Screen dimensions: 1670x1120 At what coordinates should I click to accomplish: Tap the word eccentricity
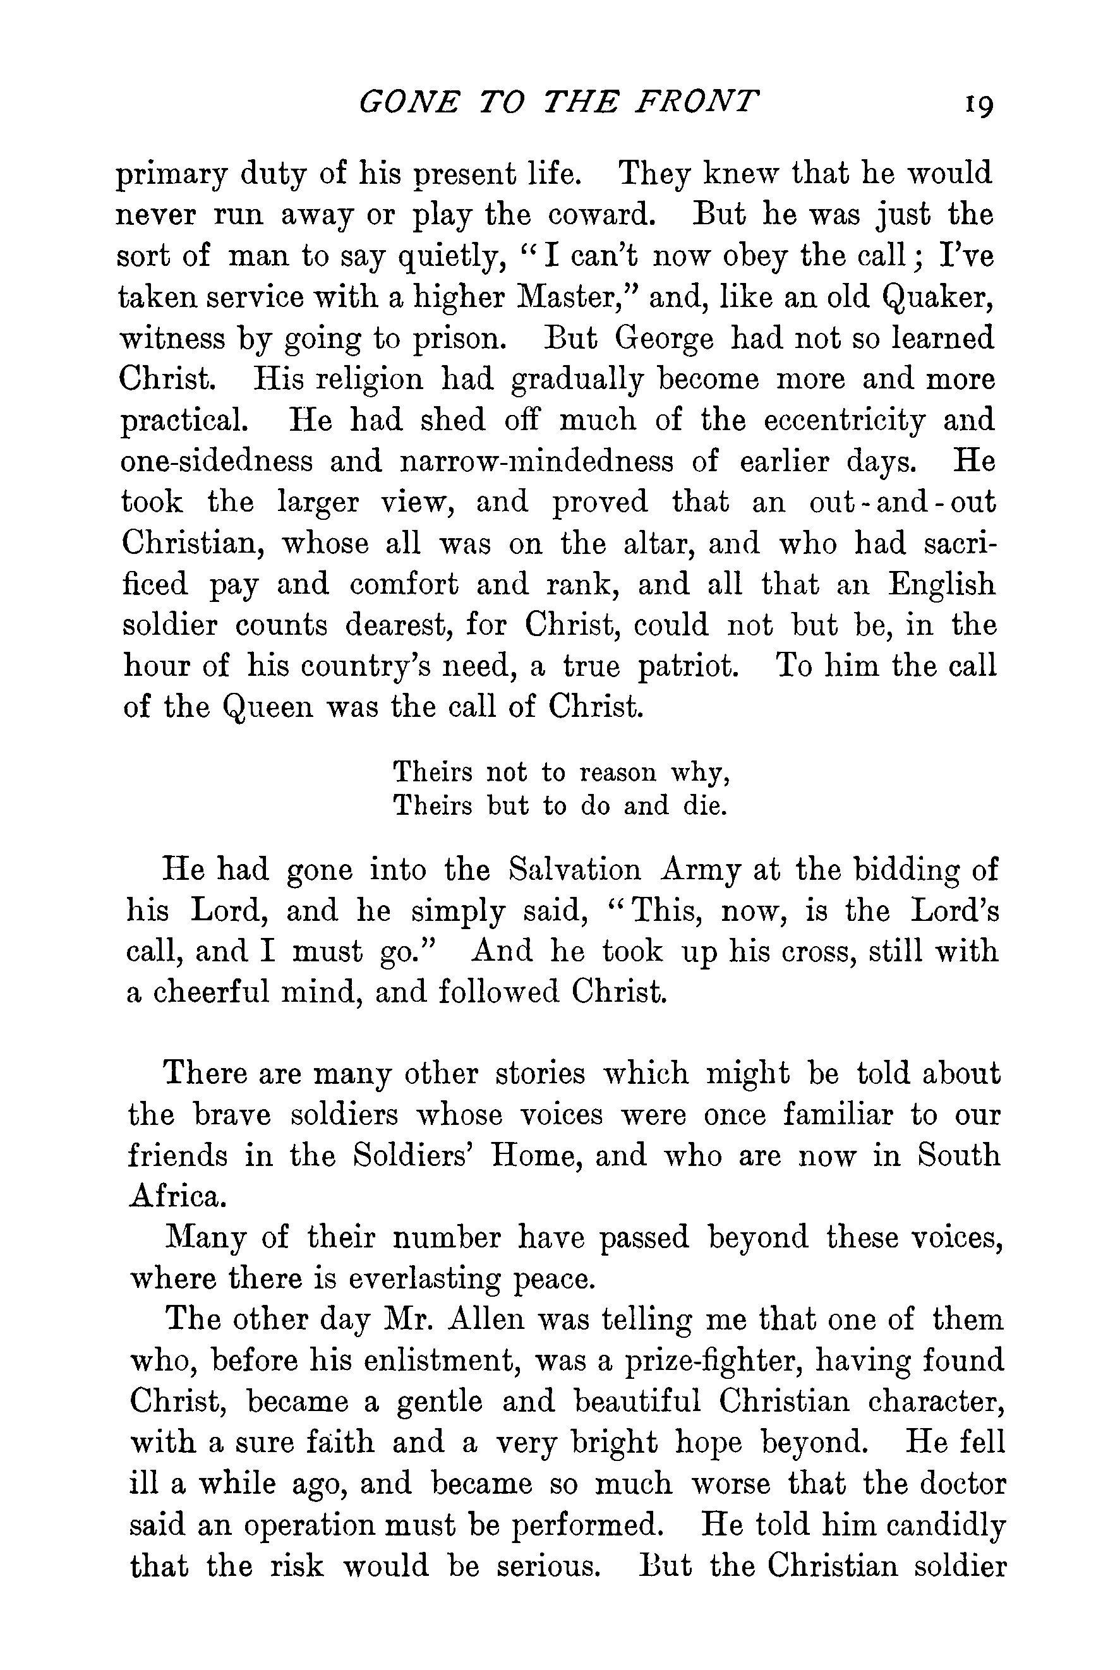tap(845, 421)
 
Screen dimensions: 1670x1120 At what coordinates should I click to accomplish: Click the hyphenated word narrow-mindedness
tap(537, 462)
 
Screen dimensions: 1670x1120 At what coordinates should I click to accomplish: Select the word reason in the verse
tap(617, 772)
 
